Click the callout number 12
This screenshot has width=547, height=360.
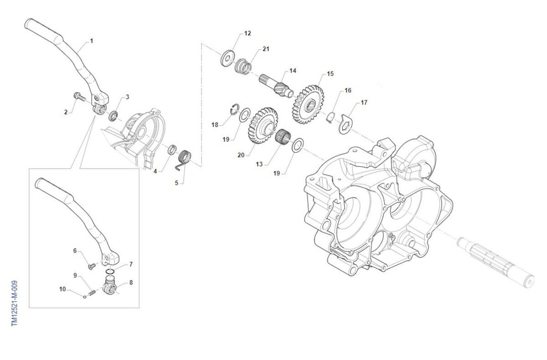248,33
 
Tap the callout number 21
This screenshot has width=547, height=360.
266,49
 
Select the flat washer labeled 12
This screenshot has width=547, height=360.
227,58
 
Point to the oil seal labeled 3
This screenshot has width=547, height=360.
114,116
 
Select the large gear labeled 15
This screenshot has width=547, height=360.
308,104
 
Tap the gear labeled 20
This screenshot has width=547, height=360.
263,125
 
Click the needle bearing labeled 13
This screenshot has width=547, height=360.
284,136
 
